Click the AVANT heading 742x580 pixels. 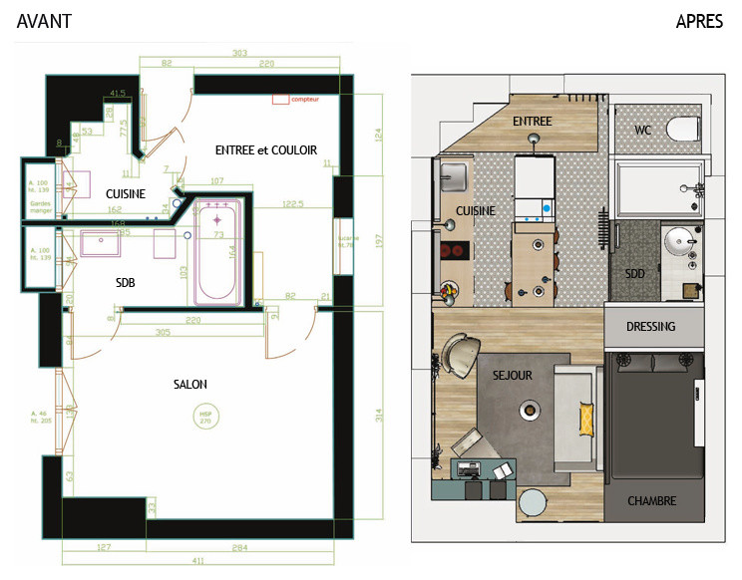point(44,22)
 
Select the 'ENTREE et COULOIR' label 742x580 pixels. point(265,150)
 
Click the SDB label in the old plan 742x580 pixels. point(125,283)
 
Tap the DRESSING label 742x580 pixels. point(650,326)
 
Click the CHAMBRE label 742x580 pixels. point(652,501)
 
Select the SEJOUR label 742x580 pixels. point(512,376)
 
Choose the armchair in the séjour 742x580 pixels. point(460,354)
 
